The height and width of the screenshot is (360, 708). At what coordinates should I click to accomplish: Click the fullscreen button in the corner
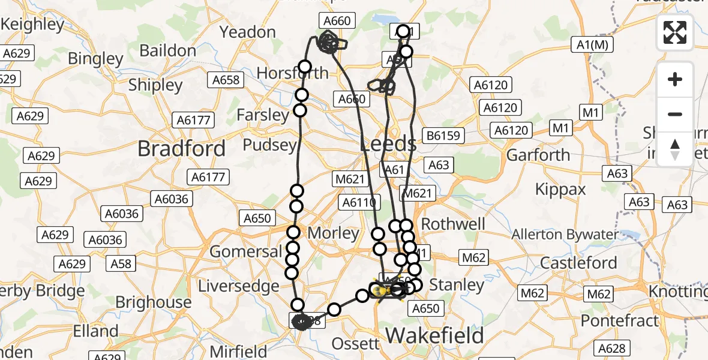(x=675, y=32)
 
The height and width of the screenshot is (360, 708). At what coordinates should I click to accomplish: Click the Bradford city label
(x=182, y=148)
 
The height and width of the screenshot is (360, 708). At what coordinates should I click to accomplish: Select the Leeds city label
(x=388, y=144)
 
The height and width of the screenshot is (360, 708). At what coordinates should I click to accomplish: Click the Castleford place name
(x=578, y=263)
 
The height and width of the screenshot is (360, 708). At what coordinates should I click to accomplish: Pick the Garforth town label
(x=538, y=155)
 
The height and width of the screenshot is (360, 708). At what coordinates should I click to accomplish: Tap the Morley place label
(x=333, y=233)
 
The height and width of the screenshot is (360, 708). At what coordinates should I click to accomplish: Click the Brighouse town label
(x=153, y=302)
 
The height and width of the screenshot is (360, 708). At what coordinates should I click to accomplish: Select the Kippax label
(x=560, y=190)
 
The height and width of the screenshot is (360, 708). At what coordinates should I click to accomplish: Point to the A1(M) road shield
(x=592, y=44)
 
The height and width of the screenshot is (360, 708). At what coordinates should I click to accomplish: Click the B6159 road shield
(x=443, y=136)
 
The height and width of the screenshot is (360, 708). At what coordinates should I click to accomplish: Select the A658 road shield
(x=226, y=80)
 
